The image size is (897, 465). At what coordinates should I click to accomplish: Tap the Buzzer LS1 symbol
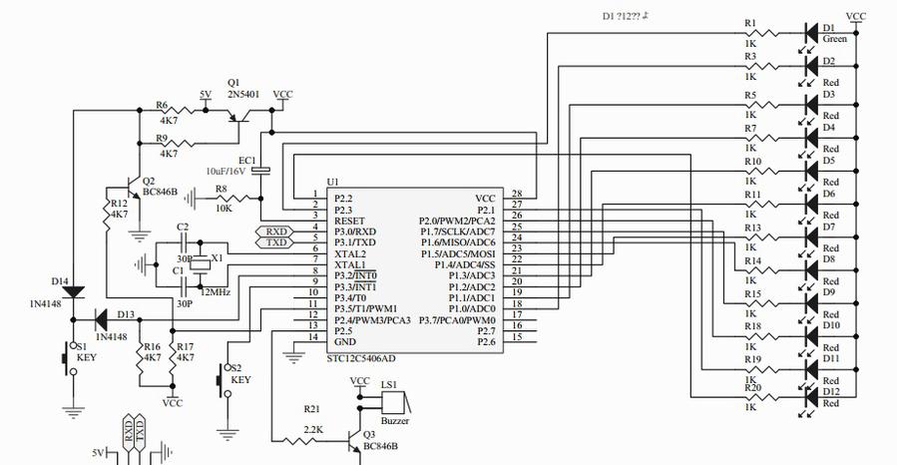pos(392,402)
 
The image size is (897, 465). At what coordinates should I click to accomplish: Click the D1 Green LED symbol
pos(811,32)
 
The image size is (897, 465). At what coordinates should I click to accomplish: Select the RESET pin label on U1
pos(349,221)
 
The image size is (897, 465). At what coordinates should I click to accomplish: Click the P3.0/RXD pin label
pos(354,232)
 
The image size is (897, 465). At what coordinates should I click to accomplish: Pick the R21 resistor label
pos(312,409)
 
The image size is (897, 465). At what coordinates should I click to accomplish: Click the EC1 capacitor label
pos(246,160)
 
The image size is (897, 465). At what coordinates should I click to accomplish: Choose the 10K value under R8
pos(224,207)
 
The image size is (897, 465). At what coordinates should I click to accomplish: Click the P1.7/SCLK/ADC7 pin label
pos(459,232)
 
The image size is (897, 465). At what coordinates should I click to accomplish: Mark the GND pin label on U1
pos(344,342)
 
